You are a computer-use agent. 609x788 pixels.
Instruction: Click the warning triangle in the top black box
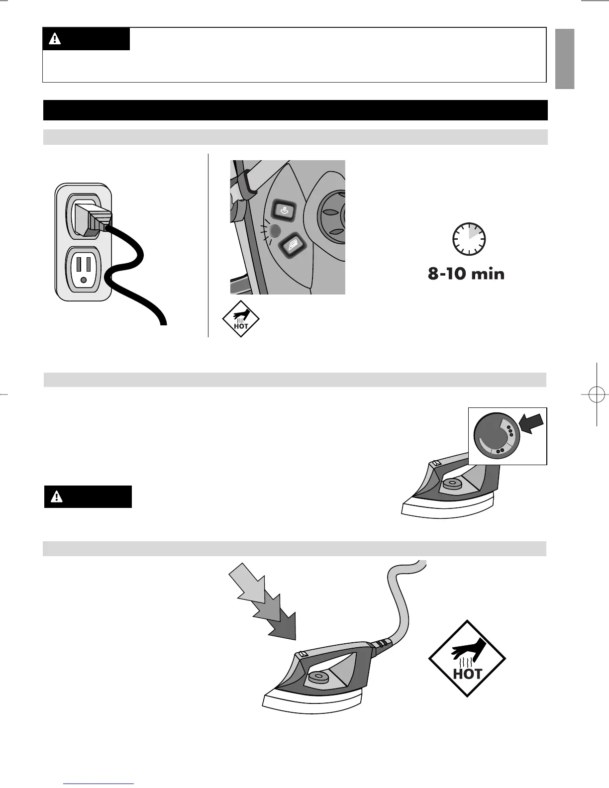point(55,39)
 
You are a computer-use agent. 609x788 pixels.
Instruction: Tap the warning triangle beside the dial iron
point(57,496)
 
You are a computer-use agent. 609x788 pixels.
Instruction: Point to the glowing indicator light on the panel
point(273,231)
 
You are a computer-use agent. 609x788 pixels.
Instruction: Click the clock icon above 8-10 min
point(469,239)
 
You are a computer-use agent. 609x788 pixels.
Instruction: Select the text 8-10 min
point(466,274)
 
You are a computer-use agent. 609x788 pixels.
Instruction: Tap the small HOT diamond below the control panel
point(241,319)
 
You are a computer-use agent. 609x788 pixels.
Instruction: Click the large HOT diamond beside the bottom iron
point(467,658)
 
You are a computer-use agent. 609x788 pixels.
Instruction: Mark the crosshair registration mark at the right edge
point(596,394)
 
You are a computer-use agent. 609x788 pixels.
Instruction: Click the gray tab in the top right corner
point(565,59)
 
